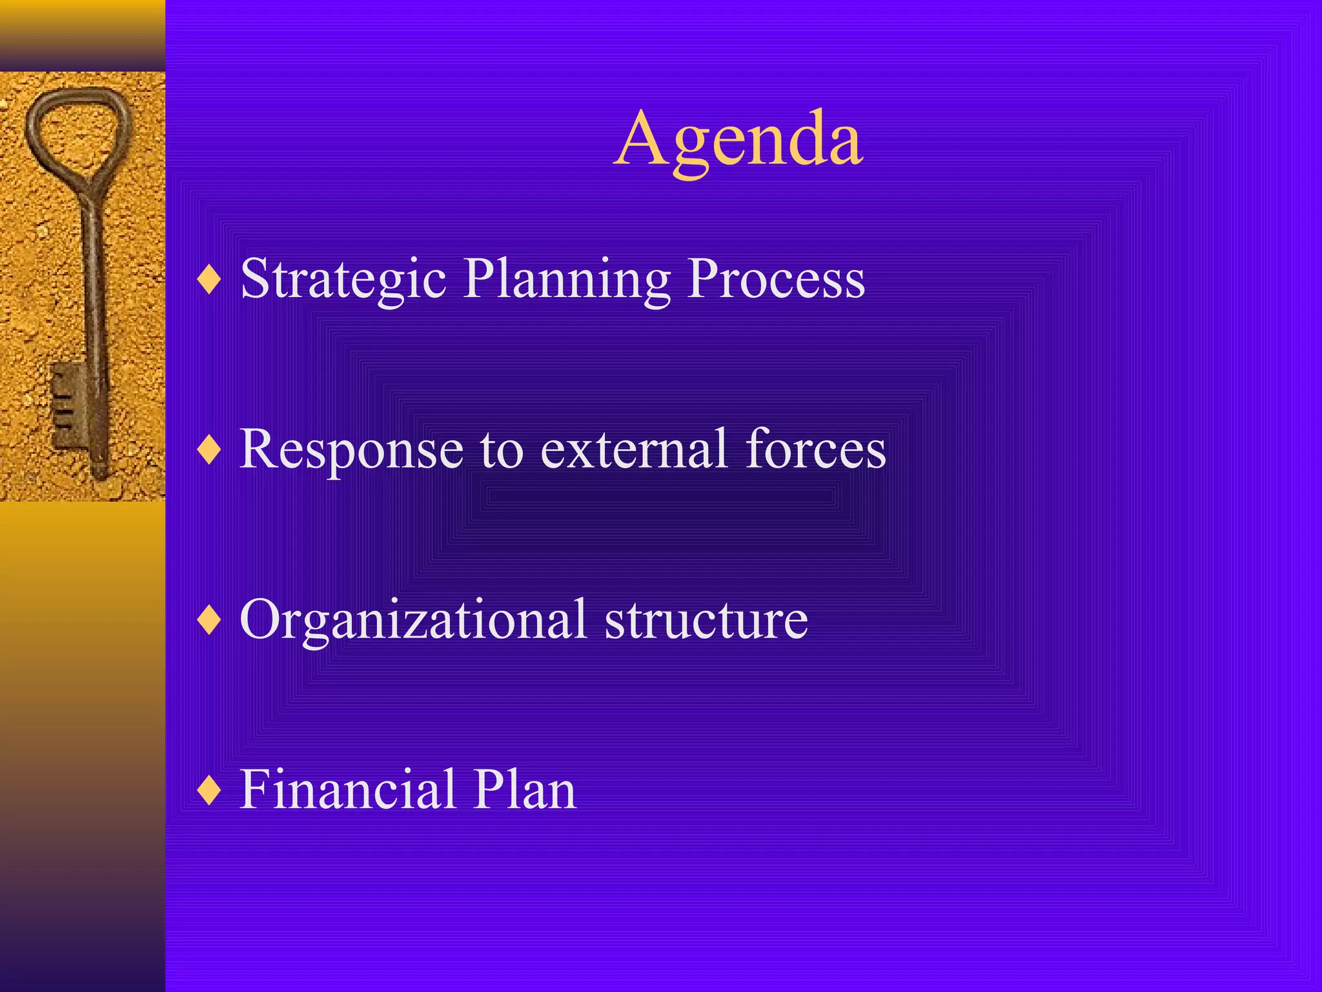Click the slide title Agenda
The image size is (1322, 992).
click(738, 139)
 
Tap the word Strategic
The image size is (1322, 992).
click(343, 279)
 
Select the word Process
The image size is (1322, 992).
click(776, 279)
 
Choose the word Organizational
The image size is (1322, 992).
click(413, 620)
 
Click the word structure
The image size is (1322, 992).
click(706, 620)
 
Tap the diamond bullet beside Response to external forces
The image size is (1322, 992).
click(210, 450)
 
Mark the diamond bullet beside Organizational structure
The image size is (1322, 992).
click(210, 621)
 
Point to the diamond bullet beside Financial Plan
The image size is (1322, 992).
click(210, 790)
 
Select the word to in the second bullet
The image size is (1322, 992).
click(502, 450)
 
